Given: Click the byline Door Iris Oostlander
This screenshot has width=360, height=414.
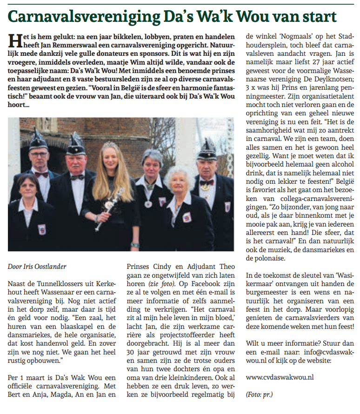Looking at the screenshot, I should (37, 267).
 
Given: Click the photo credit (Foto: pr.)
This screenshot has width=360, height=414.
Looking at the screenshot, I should (259, 394).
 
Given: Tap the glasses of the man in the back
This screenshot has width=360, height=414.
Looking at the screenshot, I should (39, 154).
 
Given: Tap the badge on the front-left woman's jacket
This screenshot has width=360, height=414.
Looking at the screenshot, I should (42, 229).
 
